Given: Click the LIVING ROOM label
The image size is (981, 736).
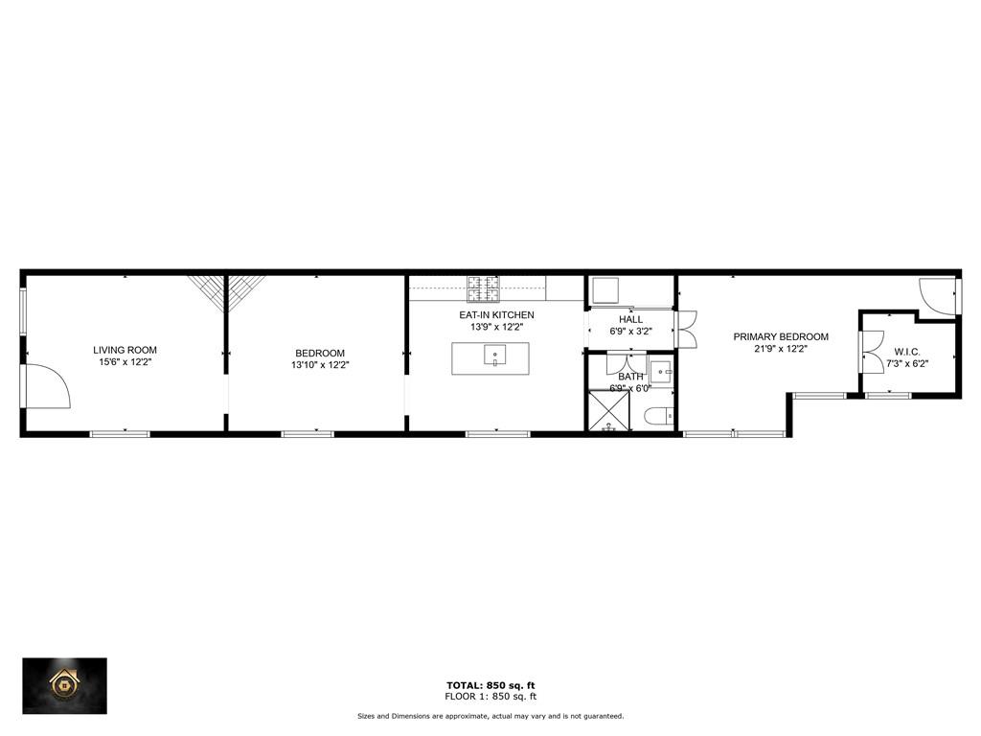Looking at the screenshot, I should pos(125,350).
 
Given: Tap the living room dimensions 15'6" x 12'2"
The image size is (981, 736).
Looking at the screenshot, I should pos(125,363).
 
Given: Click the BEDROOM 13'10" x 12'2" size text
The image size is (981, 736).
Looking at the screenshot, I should pos(318,365).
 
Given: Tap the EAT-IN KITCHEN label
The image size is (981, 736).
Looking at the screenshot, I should pos(496,314).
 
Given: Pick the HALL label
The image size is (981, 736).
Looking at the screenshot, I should pos(630,319).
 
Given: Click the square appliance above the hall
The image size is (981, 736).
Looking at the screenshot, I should pos(606,289).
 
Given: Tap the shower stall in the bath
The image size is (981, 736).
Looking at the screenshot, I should pos(608,410).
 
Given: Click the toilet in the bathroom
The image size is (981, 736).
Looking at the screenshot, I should pos(660,415).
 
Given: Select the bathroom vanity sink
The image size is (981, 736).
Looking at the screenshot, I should pos(662,369).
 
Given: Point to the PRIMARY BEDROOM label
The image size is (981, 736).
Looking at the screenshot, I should pos(781,336).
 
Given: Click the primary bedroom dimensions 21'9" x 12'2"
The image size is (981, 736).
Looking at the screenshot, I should pos(781,349).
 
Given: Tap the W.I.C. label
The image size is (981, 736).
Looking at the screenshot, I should pos(907,351).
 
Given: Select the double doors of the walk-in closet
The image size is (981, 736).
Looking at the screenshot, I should pos(871,352).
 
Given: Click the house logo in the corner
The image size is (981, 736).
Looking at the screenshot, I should pos(65,684).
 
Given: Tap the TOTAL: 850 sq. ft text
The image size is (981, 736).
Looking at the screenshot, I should pos(490,684).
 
